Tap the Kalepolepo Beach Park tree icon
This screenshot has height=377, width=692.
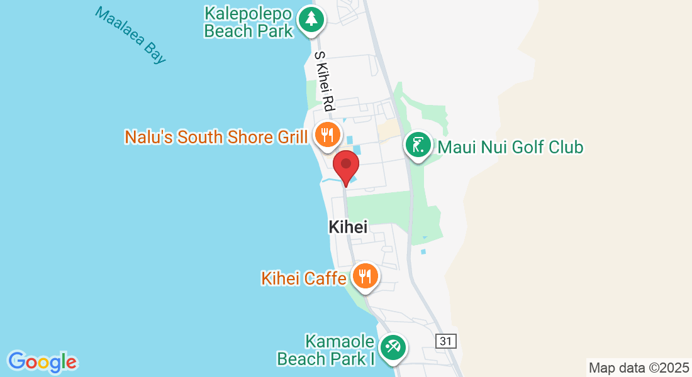[311, 18]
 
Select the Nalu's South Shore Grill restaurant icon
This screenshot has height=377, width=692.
[327, 134]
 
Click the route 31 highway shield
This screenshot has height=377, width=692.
[445, 341]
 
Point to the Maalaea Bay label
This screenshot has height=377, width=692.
[130, 35]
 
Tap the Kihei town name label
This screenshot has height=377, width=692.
[348, 227]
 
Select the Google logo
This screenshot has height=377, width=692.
[43, 362]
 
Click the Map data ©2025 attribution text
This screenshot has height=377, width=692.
[638, 368]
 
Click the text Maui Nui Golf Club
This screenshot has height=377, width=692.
[510, 147]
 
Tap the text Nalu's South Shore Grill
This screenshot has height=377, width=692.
[216, 136]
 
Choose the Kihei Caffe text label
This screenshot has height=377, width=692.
[304, 278]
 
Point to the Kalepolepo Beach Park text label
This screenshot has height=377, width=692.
[249, 22]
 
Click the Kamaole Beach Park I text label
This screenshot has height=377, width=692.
[326, 351]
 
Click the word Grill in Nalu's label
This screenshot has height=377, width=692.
[292, 136]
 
